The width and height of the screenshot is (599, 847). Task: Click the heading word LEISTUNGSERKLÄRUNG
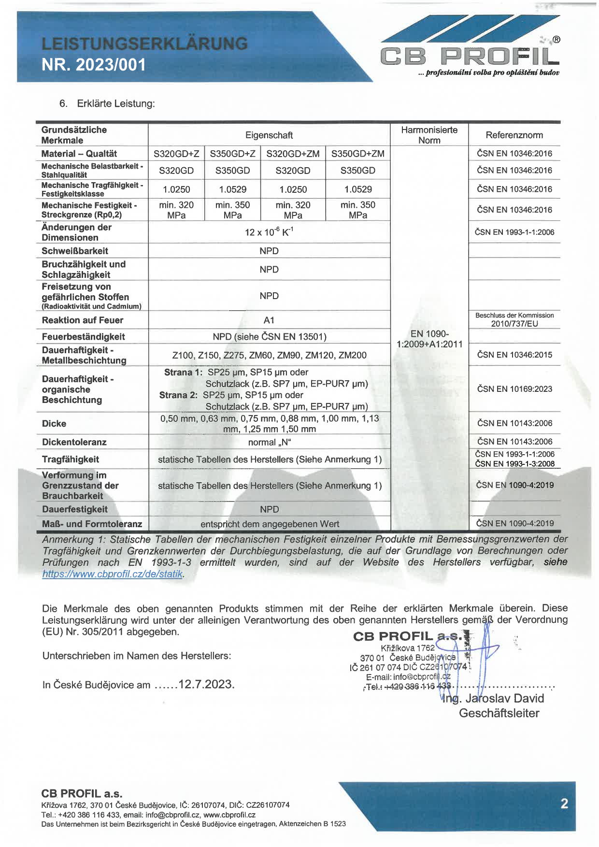pyautogui.click(x=144, y=43)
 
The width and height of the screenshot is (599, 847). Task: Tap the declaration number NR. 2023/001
pyautogui.click(x=94, y=65)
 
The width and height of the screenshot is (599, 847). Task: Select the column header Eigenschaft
pyautogui.click(x=269, y=135)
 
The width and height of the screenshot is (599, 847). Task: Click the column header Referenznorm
pyautogui.click(x=514, y=135)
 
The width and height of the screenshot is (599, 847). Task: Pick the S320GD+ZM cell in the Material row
pyautogui.click(x=293, y=154)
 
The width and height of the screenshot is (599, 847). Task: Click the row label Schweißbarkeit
pyautogui.click(x=75, y=251)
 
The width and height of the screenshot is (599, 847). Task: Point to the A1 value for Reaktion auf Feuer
pyautogui.click(x=269, y=320)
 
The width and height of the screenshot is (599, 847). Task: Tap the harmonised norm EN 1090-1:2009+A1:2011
pyautogui.click(x=429, y=339)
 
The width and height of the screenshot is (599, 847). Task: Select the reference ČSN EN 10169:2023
pyautogui.click(x=514, y=389)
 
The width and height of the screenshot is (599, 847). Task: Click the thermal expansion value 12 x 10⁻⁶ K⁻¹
pyautogui.click(x=269, y=232)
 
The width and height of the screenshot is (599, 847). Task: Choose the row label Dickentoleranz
pyautogui.click(x=74, y=442)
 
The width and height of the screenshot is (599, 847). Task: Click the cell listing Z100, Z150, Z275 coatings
pyautogui.click(x=269, y=355)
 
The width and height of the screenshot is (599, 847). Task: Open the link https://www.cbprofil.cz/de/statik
pyautogui.click(x=112, y=574)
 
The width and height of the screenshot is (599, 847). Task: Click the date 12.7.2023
pyautogui.click(x=206, y=684)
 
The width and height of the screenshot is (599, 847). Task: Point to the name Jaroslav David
pyautogui.click(x=504, y=698)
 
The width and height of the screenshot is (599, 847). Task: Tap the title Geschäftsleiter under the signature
pyautogui.click(x=499, y=713)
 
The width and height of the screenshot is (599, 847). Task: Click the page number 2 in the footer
pyautogui.click(x=564, y=804)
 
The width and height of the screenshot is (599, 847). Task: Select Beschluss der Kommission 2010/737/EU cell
pyautogui.click(x=514, y=319)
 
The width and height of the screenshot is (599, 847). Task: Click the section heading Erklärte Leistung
pyautogui.click(x=116, y=103)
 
